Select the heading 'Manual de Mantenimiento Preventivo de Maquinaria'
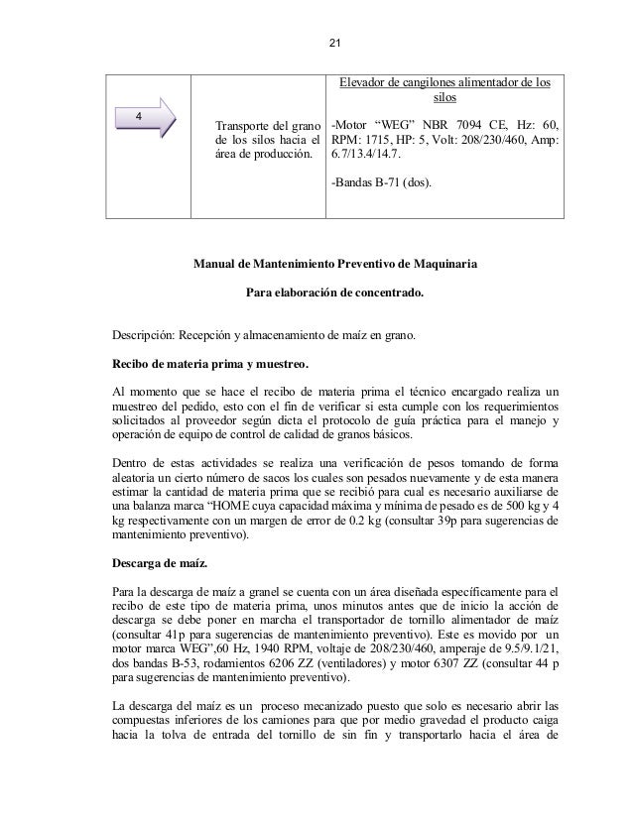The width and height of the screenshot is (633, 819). [334, 267]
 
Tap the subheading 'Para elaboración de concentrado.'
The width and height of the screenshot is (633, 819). [334, 294]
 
